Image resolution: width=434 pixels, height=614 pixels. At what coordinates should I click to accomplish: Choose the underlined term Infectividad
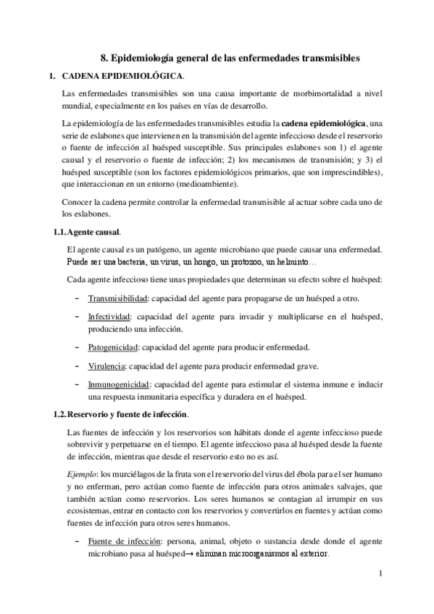(x=109, y=317)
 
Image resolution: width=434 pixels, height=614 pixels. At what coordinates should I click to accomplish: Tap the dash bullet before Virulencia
(x=77, y=365)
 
